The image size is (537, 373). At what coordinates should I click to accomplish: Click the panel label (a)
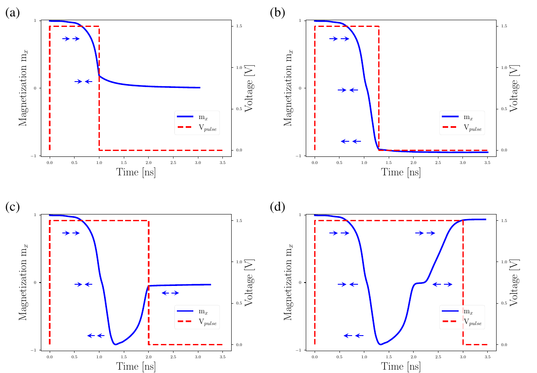[x=12, y=13]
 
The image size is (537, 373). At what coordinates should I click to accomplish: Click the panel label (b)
[x=277, y=13]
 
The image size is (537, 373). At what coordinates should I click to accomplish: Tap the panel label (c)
[x=12, y=207]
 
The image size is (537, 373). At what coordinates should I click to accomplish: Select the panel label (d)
[x=277, y=207]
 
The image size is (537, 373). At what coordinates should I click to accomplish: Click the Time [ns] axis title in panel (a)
[x=136, y=172]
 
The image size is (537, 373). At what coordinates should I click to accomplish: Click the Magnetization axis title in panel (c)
[x=23, y=282]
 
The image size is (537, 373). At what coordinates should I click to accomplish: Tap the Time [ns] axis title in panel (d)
[x=401, y=367]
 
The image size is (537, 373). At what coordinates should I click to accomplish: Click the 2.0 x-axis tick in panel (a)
[x=148, y=162]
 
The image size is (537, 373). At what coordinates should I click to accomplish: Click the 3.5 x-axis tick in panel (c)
[x=222, y=356]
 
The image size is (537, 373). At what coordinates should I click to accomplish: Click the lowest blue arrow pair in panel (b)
[x=351, y=141]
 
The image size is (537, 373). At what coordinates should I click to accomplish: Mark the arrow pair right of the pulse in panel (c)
[x=171, y=293]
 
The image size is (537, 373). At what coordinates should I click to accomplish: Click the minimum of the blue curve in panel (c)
[x=115, y=344]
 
